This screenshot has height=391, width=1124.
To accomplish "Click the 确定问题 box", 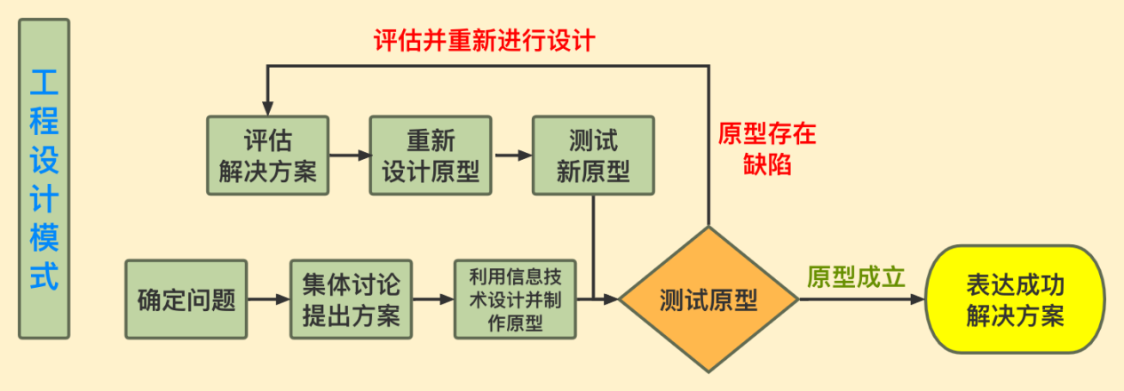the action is (x=186, y=299).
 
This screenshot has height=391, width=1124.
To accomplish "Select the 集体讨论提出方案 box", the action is (x=352, y=299).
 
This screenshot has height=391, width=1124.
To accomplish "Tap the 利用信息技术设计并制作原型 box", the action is (x=515, y=299).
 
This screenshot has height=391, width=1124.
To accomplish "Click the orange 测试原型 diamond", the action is (x=708, y=299).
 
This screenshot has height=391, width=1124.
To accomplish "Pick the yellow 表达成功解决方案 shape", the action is (x=1015, y=299).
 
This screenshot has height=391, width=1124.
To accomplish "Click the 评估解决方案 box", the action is (x=268, y=156).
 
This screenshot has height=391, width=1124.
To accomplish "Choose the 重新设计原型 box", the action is (x=431, y=156).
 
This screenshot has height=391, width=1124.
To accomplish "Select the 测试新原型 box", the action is (x=593, y=156).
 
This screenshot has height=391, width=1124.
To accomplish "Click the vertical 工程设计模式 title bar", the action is (x=44, y=179).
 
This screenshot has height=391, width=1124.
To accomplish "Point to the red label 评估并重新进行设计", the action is (x=485, y=40).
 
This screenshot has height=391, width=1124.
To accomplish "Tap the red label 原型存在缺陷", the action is (x=767, y=148).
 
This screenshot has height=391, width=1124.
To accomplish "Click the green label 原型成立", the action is (x=856, y=276).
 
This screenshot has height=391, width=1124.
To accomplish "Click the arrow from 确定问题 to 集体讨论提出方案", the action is (x=268, y=299).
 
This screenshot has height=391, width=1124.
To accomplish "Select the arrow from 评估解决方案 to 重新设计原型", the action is (x=350, y=156).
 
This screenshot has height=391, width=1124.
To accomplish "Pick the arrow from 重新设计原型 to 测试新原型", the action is (x=513, y=156).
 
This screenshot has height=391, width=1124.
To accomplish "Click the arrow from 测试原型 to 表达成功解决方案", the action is (x=862, y=299).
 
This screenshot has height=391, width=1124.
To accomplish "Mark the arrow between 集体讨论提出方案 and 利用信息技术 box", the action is (x=433, y=299).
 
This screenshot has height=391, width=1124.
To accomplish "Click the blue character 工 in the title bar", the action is (x=44, y=83).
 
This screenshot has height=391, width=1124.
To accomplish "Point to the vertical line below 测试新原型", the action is (x=593, y=247).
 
